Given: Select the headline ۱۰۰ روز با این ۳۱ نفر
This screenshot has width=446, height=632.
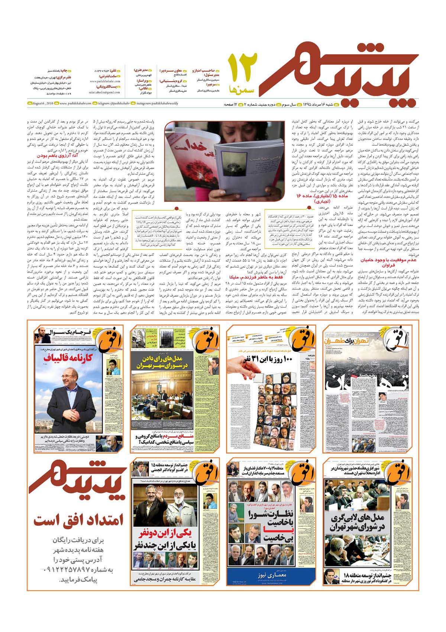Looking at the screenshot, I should (x=271, y=359).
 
